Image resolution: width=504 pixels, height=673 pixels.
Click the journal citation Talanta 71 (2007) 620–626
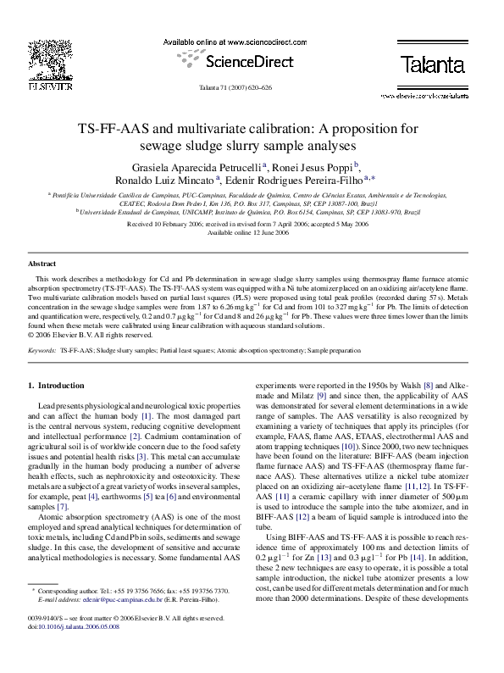point(252,88)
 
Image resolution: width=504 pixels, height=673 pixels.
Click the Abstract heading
point(42,264)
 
